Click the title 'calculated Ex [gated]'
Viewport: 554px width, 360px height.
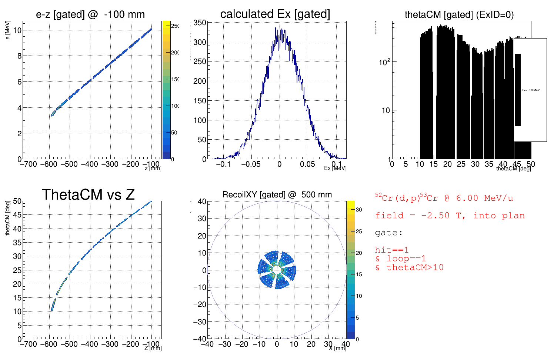tap(275, 14)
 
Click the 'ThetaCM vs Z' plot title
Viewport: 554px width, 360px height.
tap(88, 194)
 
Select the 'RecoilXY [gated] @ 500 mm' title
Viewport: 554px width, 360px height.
tap(277, 194)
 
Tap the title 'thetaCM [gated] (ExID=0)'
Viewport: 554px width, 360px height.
tap(459, 14)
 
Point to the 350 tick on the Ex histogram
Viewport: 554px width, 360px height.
tap(200, 23)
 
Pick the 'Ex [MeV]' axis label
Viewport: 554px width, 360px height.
tap(335, 168)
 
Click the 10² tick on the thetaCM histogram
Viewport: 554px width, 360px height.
tap(384, 62)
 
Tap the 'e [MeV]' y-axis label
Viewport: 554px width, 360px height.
tap(8, 30)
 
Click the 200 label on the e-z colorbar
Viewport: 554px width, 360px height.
tap(175, 53)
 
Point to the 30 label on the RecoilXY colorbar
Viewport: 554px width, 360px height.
tap(359, 210)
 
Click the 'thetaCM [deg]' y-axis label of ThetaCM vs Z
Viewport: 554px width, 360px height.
tap(8, 218)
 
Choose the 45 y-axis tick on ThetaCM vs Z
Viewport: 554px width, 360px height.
tap(17, 215)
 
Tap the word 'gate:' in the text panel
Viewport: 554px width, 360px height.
tap(388, 233)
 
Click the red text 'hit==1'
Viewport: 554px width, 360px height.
tap(391, 250)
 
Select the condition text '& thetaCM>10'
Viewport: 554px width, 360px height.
tap(409, 267)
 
